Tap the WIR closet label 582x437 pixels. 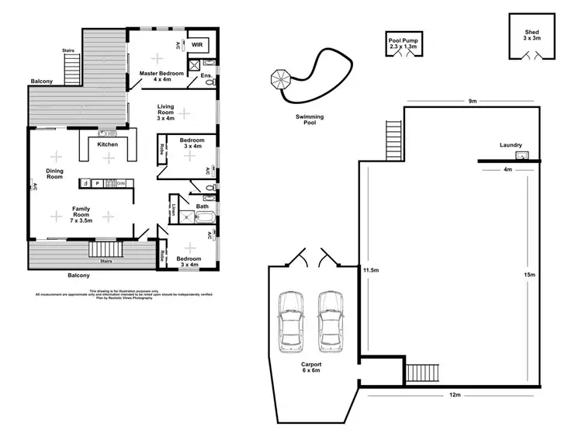click(x=196, y=45)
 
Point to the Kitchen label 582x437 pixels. click(x=107, y=144)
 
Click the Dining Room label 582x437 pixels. click(x=54, y=174)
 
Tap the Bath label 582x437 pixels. click(x=203, y=206)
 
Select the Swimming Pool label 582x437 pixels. click(x=310, y=119)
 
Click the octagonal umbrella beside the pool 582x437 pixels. click(x=279, y=78)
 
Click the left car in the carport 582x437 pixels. click(x=291, y=318)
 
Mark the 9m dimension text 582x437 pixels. click(x=471, y=101)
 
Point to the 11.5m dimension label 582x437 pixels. click(x=370, y=270)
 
